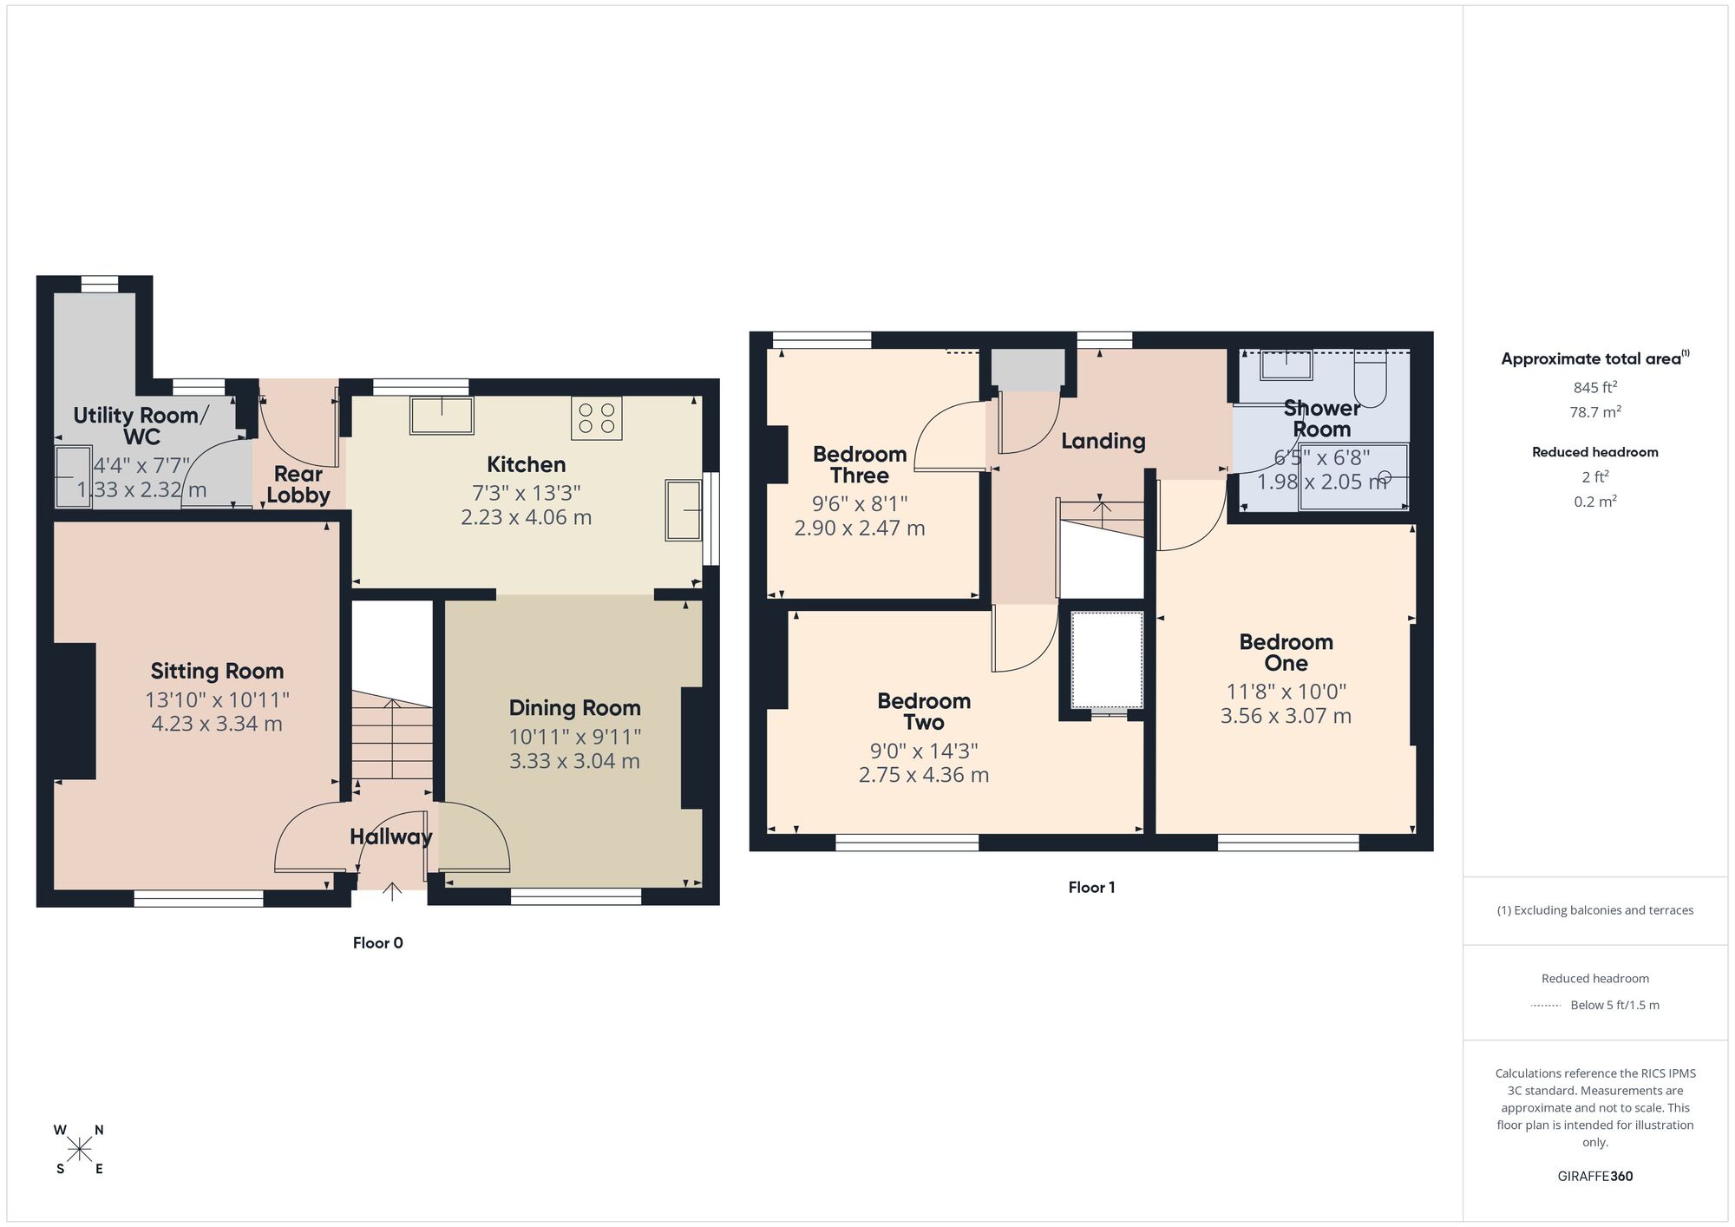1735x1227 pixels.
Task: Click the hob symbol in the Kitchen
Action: click(597, 418)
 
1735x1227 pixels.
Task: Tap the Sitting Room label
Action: click(217, 671)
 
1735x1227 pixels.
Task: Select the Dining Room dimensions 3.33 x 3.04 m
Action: click(574, 761)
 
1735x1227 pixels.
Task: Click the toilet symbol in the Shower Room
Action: click(1370, 386)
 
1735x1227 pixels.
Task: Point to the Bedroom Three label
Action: click(860, 464)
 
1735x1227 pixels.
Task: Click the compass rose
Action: click(80, 1150)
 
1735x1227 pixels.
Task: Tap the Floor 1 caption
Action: click(1091, 887)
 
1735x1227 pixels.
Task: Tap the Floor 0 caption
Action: click(377, 942)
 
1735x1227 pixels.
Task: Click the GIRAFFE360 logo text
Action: click(1594, 1176)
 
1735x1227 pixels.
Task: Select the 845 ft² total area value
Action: click(1594, 388)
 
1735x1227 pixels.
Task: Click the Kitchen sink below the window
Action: click(442, 415)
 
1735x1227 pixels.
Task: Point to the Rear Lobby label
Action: click(298, 484)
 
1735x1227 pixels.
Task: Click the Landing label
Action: click(1103, 441)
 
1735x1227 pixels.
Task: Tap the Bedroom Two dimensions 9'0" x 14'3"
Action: click(924, 751)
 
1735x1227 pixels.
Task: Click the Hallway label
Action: click(390, 837)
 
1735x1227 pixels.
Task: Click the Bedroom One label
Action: click(1286, 653)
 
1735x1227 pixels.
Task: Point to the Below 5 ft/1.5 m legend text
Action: click(1614, 1005)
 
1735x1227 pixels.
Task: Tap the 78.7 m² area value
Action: click(1594, 412)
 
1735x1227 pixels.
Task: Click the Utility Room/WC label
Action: click(141, 426)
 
